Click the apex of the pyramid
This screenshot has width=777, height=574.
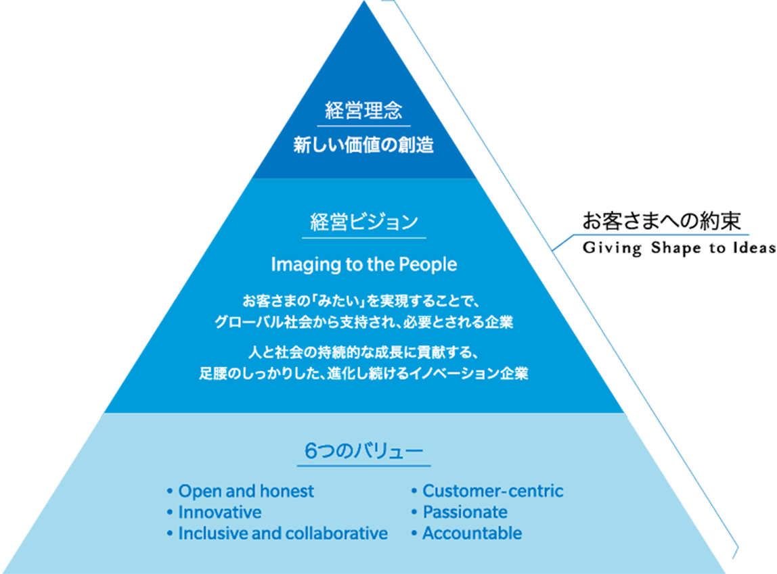point(364,1)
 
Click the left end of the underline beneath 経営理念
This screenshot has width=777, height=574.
point(317,126)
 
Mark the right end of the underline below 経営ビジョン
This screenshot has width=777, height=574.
point(426,238)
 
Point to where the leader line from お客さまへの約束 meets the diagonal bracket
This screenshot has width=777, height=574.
point(552,250)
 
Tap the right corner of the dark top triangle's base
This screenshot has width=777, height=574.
point(476,178)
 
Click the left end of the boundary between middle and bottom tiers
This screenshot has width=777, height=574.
point(103,413)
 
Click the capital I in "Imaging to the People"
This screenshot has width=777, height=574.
point(273,264)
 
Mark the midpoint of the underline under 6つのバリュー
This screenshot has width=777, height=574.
point(363,466)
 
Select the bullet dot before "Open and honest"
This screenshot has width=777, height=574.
point(169,492)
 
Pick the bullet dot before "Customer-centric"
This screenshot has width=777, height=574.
point(414,492)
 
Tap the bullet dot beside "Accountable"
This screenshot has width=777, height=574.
point(414,533)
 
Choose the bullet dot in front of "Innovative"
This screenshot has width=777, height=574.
point(169,512)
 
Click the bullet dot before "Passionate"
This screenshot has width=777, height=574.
point(414,512)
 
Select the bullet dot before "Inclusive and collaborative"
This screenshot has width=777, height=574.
point(169,533)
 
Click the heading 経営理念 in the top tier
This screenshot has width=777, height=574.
point(363,110)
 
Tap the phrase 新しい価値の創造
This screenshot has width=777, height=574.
point(363,145)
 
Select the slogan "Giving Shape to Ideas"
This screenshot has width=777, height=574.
point(680,248)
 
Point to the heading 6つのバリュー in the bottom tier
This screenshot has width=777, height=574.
point(363,451)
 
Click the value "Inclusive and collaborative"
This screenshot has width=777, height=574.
point(283,533)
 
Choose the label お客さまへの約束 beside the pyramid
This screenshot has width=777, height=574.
point(662,220)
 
